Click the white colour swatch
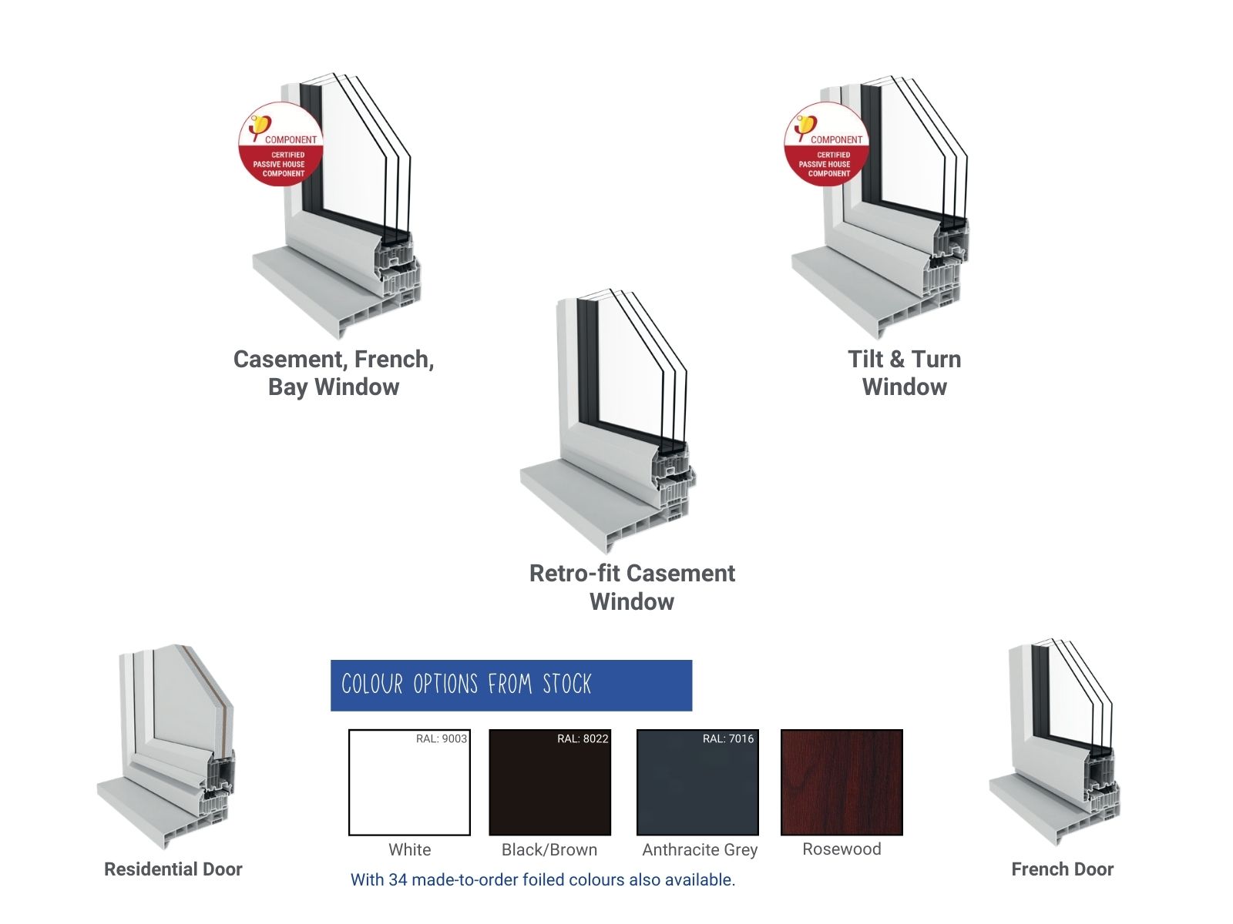pyautogui.click(x=409, y=782)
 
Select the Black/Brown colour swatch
pyautogui.click(x=550, y=782)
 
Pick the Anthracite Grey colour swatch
pyautogui.click(x=697, y=782)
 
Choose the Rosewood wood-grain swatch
pyautogui.click(x=842, y=782)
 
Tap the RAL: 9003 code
pyautogui.click(x=442, y=738)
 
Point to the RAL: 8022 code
pyautogui.click(x=583, y=738)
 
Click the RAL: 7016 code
pyautogui.click(x=728, y=738)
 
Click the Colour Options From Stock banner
pyautogui.click(x=511, y=685)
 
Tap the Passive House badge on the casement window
pyautogui.click(x=281, y=145)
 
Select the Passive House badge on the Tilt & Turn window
pyautogui.click(x=827, y=145)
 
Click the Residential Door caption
pyautogui.click(x=173, y=869)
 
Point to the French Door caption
pyautogui.click(x=1063, y=869)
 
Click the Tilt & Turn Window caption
pyautogui.click(x=905, y=373)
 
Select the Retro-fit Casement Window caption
pyautogui.click(x=632, y=587)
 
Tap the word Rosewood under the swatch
pyautogui.click(x=842, y=849)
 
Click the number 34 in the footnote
pyautogui.click(x=398, y=879)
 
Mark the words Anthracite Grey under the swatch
pyautogui.click(x=700, y=850)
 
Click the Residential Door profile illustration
pyautogui.click(x=166, y=746)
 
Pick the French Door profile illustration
pyautogui.click(x=1055, y=744)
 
